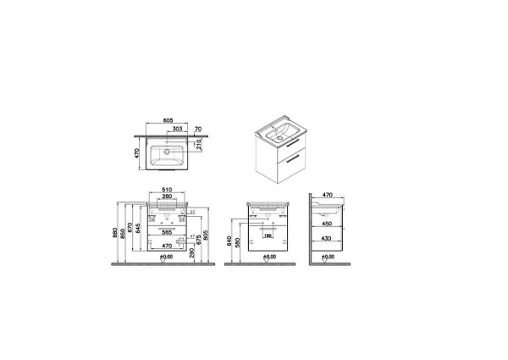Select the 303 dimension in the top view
[176, 128]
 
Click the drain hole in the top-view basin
[167, 153]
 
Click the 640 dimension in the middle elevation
[228, 241]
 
